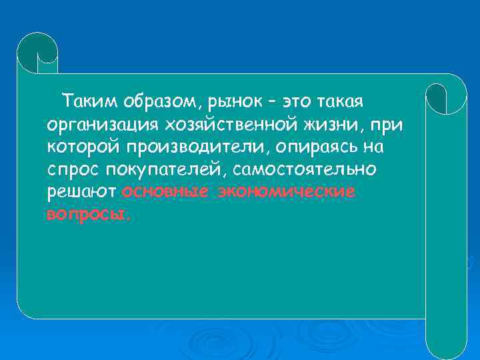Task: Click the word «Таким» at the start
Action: (x=86, y=102)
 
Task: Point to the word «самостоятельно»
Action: (x=308, y=169)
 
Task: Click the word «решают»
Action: (x=83, y=192)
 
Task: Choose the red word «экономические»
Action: (x=283, y=192)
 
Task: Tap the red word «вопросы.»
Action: (x=89, y=215)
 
